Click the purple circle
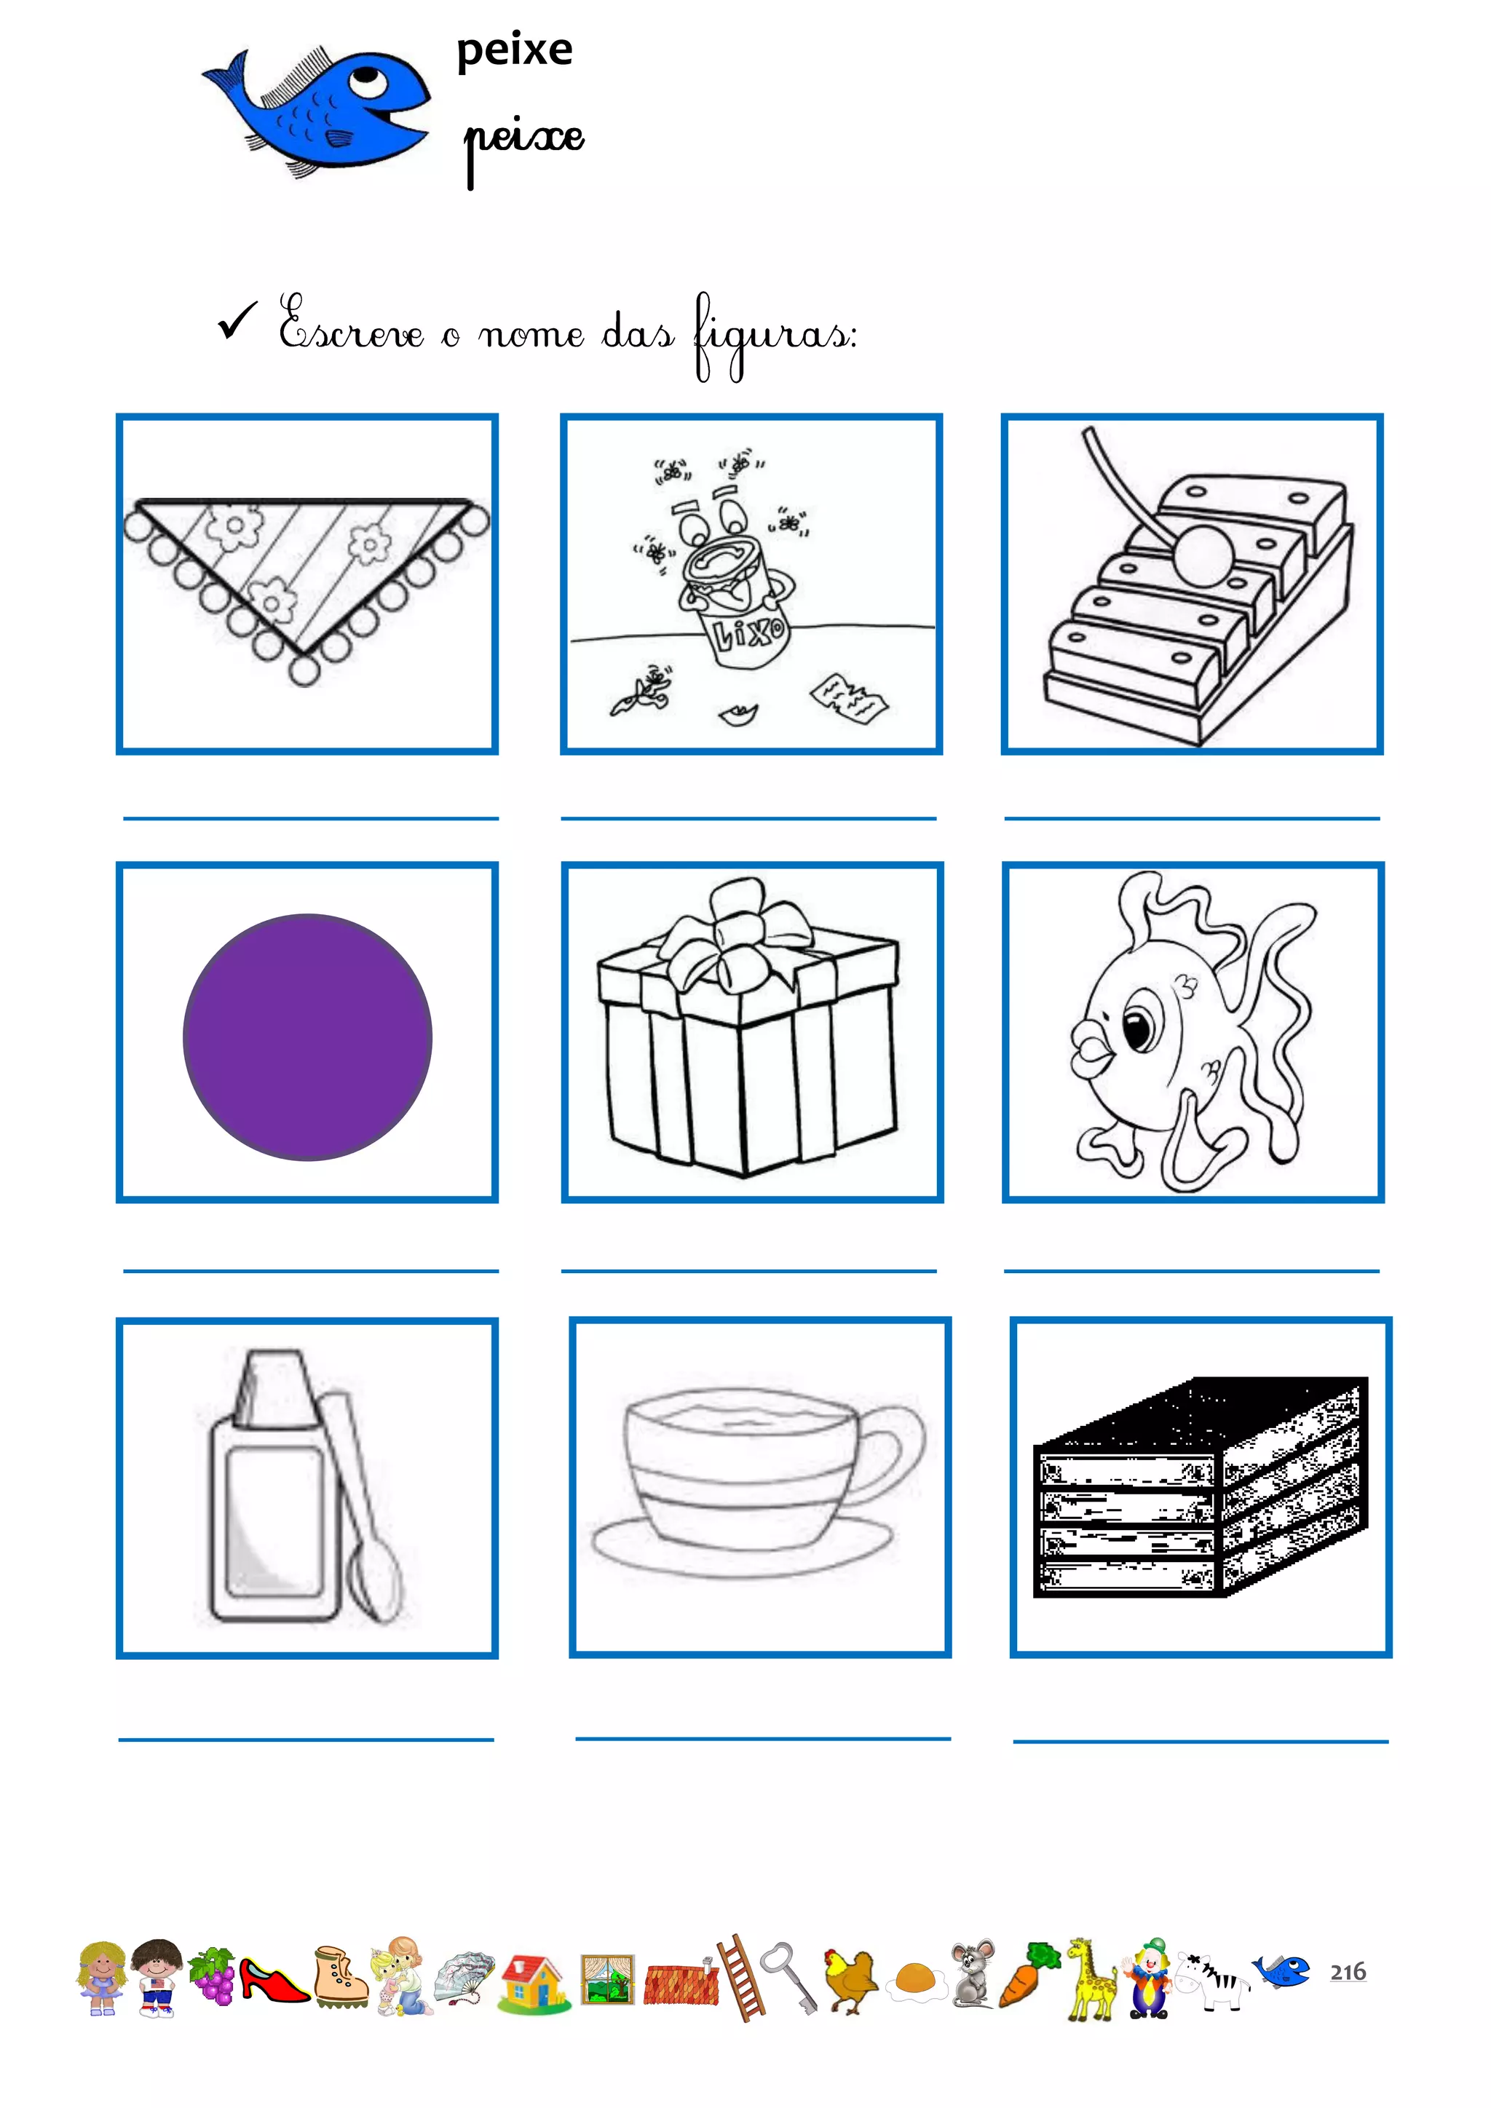click(307, 1037)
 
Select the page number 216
click(1348, 1972)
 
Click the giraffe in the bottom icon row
click(1090, 1978)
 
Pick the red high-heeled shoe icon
click(273, 1979)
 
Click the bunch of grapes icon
click(212, 1974)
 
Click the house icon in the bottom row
click(532, 1981)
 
